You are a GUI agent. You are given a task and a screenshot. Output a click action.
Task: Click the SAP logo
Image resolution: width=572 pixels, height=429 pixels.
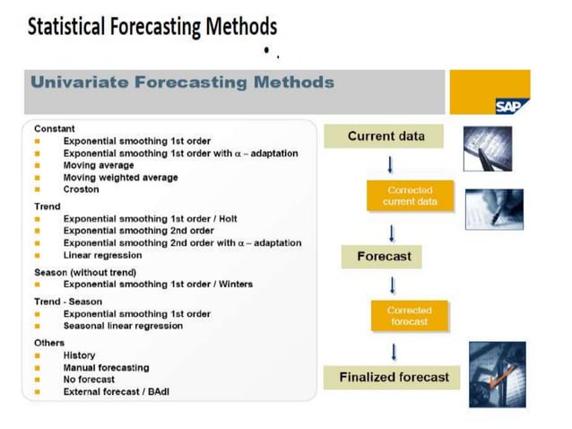(511, 106)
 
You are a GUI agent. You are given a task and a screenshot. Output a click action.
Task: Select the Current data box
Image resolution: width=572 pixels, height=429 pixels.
(386, 136)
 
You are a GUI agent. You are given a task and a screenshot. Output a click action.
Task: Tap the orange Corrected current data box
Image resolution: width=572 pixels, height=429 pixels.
(410, 196)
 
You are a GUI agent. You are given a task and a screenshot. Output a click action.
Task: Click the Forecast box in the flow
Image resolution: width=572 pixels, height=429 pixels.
(383, 257)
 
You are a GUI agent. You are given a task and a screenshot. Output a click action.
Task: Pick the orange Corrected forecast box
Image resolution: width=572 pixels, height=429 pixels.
(409, 316)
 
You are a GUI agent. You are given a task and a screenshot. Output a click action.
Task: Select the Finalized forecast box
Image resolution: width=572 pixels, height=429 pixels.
(394, 377)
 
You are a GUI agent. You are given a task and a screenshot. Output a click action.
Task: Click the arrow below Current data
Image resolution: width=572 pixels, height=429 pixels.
(390, 165)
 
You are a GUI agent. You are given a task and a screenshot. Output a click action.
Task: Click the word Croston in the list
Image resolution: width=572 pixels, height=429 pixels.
(82, 189)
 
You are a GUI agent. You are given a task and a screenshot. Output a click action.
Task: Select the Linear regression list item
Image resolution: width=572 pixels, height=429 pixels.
(102, 255)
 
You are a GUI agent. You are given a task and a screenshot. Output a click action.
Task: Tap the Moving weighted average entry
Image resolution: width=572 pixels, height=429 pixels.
(120, 178)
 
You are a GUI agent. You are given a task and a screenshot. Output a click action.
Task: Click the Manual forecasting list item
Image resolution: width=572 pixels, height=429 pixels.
(106, 368)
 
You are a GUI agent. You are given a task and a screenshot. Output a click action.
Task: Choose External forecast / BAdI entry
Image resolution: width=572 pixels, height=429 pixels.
(118, 391)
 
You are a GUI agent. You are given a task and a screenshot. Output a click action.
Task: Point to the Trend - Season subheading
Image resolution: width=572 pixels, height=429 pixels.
(68, 302)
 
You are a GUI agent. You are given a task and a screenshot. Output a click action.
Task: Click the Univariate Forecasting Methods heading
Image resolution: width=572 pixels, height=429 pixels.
(182, 83)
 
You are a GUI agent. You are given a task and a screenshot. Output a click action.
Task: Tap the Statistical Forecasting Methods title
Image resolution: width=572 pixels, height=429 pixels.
(152, 27)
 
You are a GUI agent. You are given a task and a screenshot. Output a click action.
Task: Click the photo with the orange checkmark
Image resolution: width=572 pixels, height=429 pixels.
(497, 373)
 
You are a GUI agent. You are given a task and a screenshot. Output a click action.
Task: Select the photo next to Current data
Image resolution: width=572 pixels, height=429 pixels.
(488, 148)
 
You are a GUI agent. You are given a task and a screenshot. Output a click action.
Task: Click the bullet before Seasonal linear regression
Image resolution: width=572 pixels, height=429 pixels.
(38, 326)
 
